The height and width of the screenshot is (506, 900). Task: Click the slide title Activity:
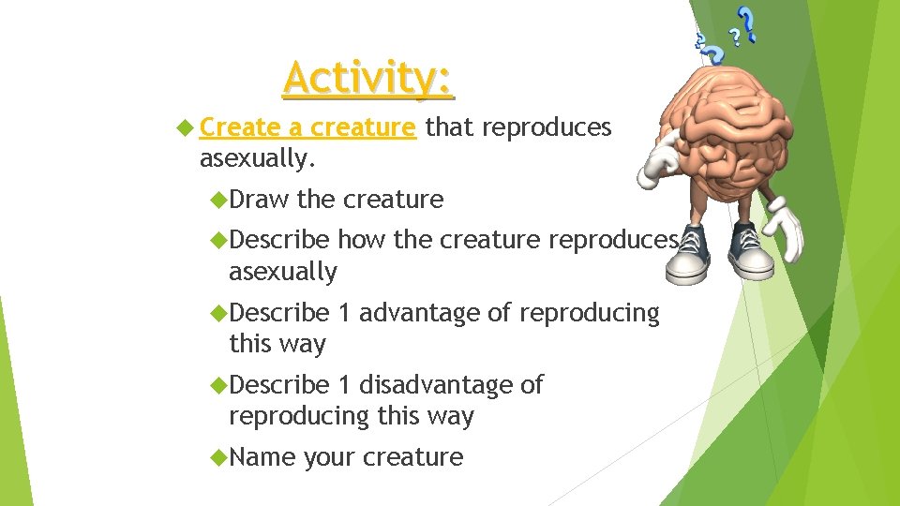pyautogui.click(x=368, y=79)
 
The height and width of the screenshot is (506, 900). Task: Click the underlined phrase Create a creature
pyautogui.click(x=307, y=127)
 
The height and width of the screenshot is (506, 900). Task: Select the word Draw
pyautogui.click(x=259, y=200)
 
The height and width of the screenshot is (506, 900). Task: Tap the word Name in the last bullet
pyautogui.click(x=262, y=457)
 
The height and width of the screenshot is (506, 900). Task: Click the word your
pyautogui.click(x=329, y=457)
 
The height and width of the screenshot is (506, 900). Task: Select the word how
pyautogui.click(x=362, y=241)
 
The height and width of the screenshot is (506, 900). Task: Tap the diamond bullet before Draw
pyautogui.click(x=219, y=200)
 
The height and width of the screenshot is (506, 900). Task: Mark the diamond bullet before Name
pyautogui.click(x=219, y=457)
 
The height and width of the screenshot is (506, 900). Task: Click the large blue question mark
pyautogui.click(x=745, y=23)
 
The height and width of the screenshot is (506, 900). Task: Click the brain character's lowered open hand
pyautogui.click(x=783, y=229)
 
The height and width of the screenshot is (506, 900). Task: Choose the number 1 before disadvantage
pyautogui.click(x=345, y=385)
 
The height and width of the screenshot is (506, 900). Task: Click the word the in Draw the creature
pyautogui.click(x=316, y=200)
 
